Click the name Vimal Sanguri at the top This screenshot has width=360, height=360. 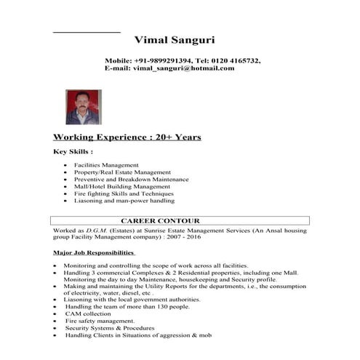click(175, 39)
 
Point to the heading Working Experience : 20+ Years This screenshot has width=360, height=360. click(127, 137)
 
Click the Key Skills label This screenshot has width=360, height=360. click(73, 152)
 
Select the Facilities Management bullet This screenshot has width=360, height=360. click(105, 165)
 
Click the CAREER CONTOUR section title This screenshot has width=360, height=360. click(160, 220)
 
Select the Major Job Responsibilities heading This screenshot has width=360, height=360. click(95, 253)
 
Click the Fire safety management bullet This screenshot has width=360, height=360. click(100, 321)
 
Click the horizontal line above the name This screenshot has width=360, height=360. click(87, 32)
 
